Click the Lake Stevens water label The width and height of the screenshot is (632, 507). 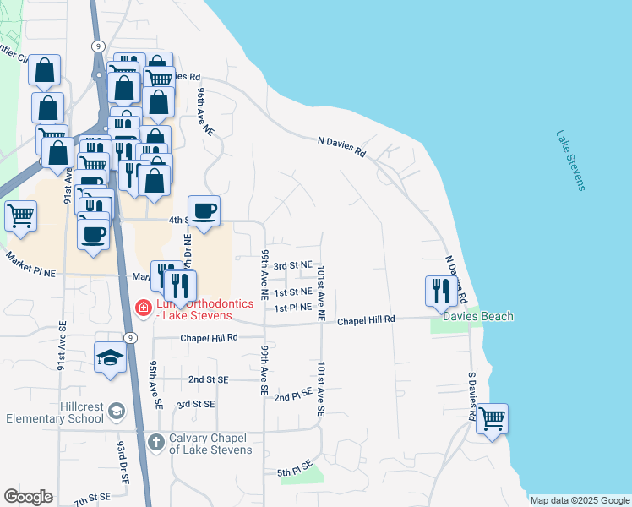coord(570,161)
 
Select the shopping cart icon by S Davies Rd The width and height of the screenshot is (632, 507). coord(492,417)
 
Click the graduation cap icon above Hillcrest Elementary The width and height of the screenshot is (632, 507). coord(110,357)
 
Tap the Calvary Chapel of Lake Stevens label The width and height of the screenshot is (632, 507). coord(210,444)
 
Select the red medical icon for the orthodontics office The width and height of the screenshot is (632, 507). coord(144,308)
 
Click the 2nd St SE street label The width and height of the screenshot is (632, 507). coord(209,380)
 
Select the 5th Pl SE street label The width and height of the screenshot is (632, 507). coord(295,467)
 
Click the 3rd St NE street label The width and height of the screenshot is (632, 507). coord(293,264)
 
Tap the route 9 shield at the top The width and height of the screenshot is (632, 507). coord(99,46)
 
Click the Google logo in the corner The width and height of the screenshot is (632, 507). coord(28,497)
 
